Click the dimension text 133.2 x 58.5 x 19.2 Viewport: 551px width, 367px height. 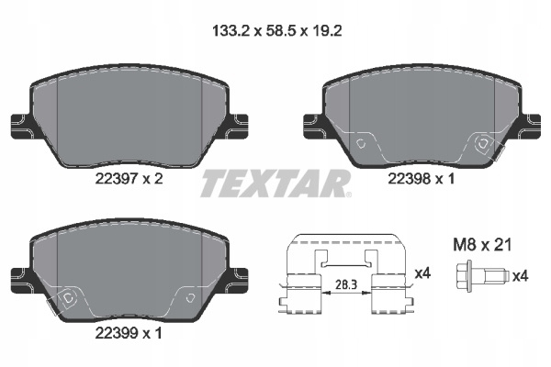coord(277,31)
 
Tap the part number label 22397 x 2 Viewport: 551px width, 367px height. coord(129,180)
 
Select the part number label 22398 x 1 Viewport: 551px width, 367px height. coord(422,179)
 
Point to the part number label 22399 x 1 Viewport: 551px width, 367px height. coord(129,333)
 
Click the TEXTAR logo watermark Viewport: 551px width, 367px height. coord(275,183)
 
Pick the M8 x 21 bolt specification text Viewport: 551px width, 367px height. coord(482,245)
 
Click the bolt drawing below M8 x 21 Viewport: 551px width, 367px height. coord(482,276)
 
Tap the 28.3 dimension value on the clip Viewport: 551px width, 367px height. coord(346,284)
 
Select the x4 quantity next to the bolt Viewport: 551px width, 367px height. coord(520,276)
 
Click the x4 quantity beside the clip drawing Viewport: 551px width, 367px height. coord(422,272)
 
